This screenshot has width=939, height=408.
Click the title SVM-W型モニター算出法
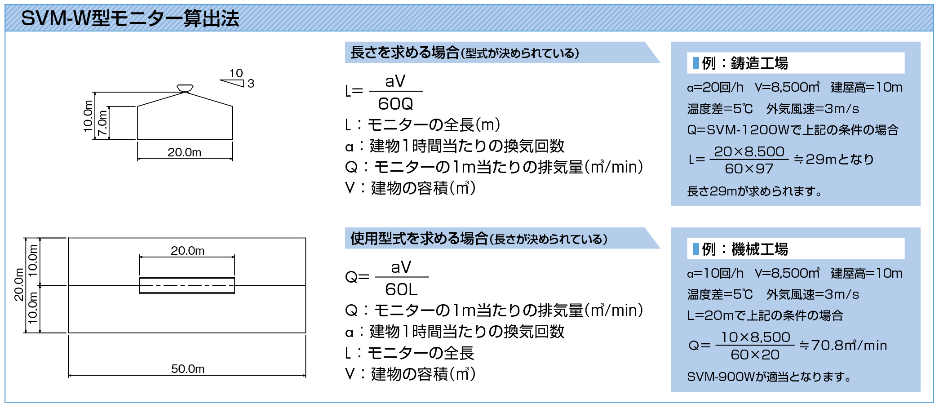(130, 18)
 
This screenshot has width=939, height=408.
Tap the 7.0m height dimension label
(103, 123)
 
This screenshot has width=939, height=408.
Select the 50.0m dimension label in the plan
(188, 369)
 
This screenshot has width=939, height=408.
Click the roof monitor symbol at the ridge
(185, 88)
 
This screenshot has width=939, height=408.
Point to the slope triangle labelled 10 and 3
(233, 83)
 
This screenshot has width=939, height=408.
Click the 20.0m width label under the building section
(185, 152)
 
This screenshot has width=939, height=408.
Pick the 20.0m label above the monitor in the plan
(187, 250)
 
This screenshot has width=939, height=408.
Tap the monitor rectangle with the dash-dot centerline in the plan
(187, 285)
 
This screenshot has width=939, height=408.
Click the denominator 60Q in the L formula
(395, 104)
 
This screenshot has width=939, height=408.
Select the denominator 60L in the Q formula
(401, 289)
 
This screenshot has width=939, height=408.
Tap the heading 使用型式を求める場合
(419, 238)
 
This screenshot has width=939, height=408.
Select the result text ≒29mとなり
(834, 159)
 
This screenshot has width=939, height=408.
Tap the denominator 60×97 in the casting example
(749, 169)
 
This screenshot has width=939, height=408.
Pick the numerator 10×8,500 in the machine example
(756, 337)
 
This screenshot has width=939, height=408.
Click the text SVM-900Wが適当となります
(769, 377)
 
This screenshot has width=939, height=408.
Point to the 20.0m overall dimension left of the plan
(18, 285)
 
